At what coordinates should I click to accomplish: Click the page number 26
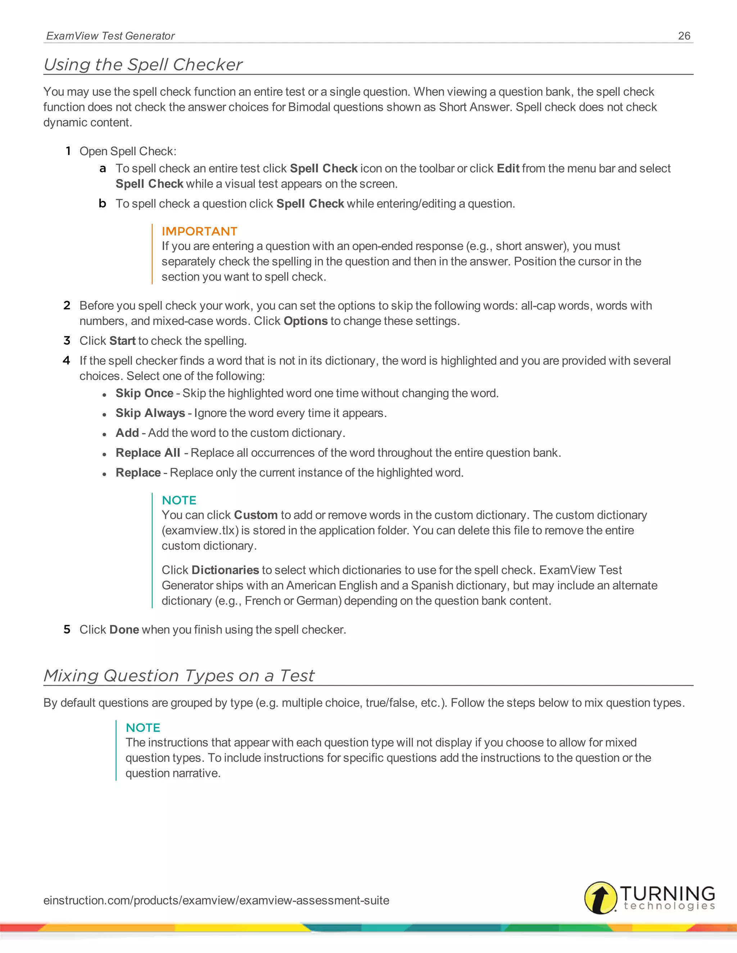point(684,36)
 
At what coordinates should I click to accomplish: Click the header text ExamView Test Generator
point(110,36)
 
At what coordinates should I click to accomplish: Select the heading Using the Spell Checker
point(143,65)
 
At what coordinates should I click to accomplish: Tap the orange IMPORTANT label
point(199,231)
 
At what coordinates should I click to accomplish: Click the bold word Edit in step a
point(508,168)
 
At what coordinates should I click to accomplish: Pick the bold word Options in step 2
point(305,321)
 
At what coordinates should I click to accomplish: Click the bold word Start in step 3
point(122,341)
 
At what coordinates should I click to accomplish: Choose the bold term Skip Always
point(150,413)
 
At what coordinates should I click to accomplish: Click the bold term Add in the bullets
point(127,433)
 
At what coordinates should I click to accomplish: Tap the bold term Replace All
point(148,453)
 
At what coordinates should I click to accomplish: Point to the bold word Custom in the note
point(256,515)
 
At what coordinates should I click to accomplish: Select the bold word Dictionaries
point(225,570)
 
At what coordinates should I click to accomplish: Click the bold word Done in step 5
point(124,630)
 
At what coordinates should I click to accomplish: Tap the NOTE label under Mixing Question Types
point(143,728)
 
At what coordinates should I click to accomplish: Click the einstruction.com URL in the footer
point(216,900)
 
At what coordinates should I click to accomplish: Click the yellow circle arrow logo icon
point(600,898)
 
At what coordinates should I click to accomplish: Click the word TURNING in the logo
point(667,893)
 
